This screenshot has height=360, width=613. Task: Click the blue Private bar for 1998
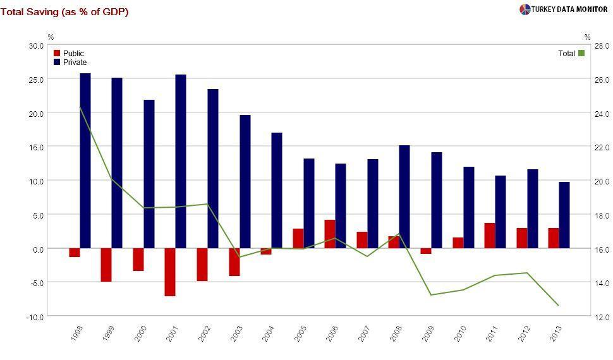point(85,160)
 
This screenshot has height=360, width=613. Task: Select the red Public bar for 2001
point(170,272)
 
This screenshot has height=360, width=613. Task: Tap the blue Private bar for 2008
point(404,196)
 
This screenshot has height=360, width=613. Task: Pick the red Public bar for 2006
point(330,234)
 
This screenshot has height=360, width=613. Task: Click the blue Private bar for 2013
point(564,215)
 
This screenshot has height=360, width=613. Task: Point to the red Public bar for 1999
point(106,265)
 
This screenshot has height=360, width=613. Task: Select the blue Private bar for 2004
point(277,190)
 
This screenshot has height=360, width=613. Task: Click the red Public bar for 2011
point(490,236)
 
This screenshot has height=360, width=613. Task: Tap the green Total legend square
point(581,54)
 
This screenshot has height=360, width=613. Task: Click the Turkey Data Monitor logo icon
point(525,9)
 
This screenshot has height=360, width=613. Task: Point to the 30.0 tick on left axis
point(36,45)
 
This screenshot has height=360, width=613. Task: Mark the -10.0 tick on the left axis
point(35,316)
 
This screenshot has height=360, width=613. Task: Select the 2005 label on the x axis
point(300,334)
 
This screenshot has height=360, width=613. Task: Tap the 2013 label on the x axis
point(555,334)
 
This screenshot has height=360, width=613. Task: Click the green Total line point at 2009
point(431,295)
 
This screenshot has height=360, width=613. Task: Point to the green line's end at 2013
point(559,306)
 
